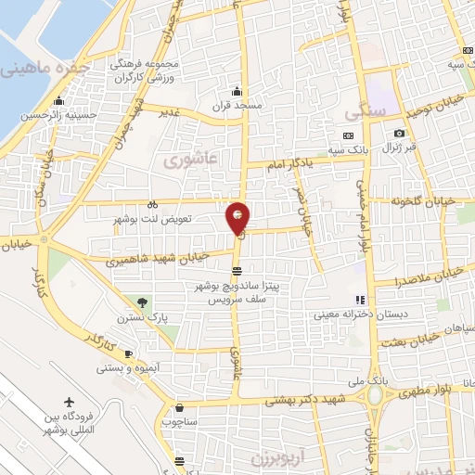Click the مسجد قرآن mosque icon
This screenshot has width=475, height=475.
pyautogui.click(x=237, y=91)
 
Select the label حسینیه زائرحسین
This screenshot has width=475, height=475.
pyautogui.click(x=58, y=114)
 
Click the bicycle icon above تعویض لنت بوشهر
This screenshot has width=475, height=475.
pyautogui.click(x=153, y=205)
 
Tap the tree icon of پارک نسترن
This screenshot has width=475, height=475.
pyautogui.click(x=142, y=302)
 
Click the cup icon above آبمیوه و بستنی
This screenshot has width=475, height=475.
pyautogui.click(x=129, y=353)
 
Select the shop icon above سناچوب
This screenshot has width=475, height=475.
pyautogui.click(x=179, y=406)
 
